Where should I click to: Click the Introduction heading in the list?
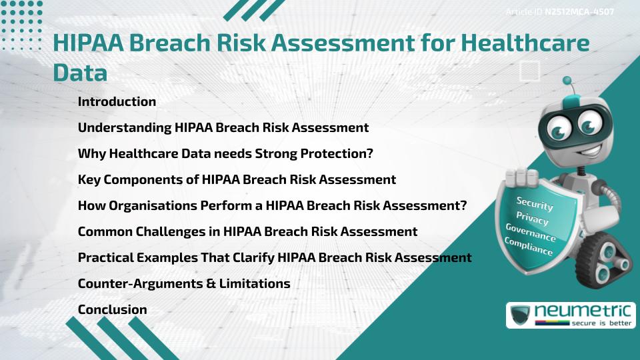coord(117,102)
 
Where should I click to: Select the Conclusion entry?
coord(112,309)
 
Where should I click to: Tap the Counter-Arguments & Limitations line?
coord(184,283)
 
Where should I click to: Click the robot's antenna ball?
coord(568,81)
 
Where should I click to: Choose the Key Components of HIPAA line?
coord(237,179)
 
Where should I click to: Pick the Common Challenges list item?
coord(247,231)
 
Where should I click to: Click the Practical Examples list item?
coord(275,257)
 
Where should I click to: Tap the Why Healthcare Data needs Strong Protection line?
coord(225,153)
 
